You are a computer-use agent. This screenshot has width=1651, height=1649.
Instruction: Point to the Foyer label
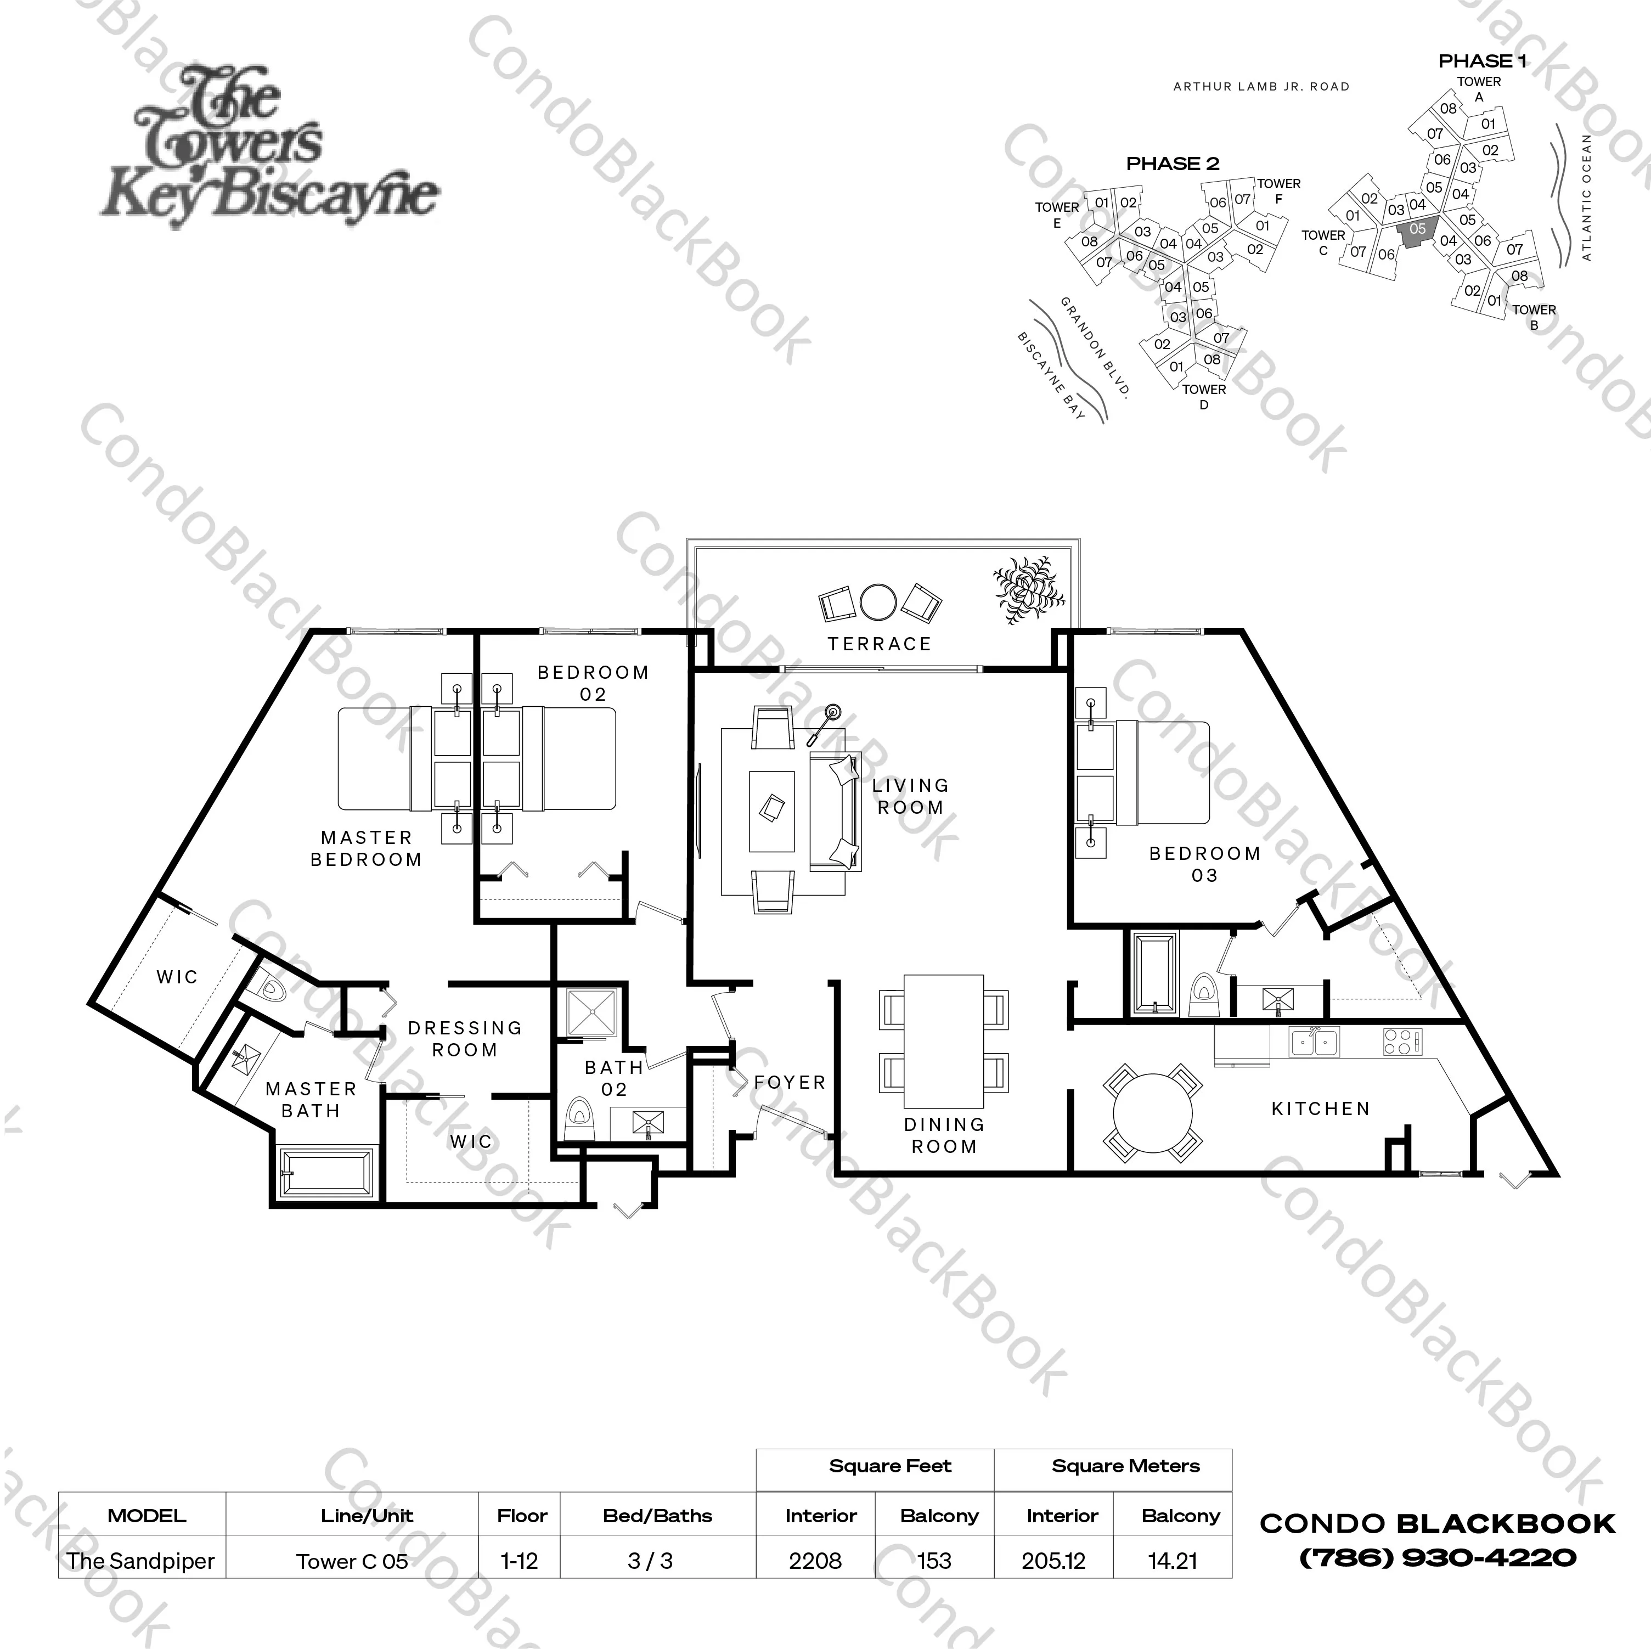(790, 1082)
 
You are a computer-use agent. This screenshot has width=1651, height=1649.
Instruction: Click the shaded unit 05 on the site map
(1416, 231)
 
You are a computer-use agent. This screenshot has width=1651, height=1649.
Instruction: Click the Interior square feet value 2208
(815, 1561)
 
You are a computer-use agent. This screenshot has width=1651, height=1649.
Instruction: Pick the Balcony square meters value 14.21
(1173, 1561)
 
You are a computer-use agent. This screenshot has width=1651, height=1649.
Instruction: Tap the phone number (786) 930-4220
(1438, 1557)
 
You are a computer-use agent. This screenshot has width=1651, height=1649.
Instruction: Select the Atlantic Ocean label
(1587, 196)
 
